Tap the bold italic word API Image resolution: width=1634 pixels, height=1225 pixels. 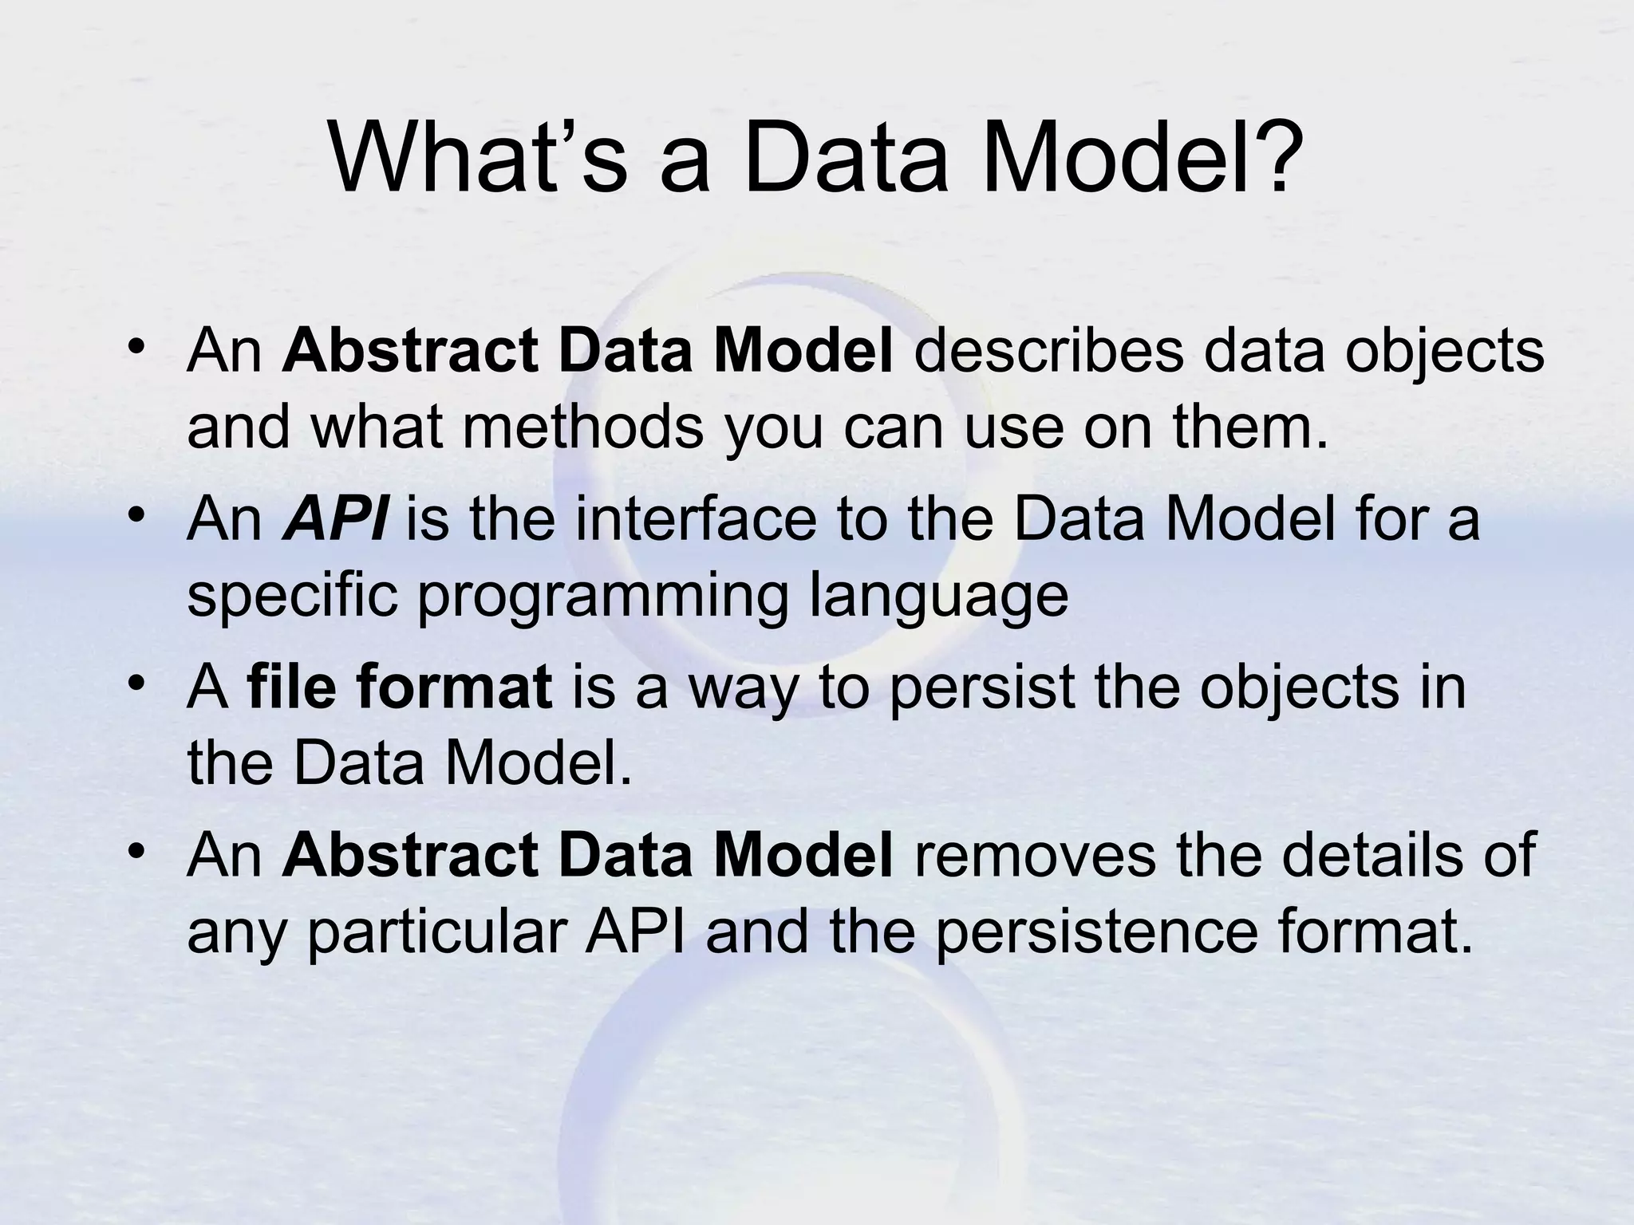coord(335,519)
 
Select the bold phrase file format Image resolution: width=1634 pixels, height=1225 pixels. coord(400,687)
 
